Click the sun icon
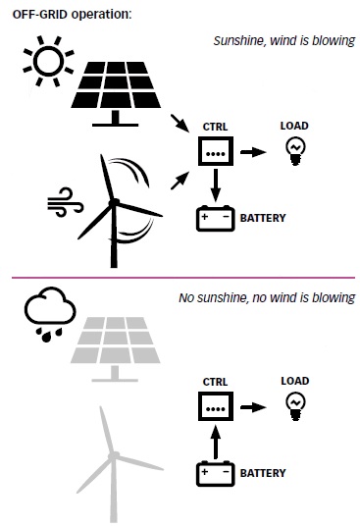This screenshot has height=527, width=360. point(48,61)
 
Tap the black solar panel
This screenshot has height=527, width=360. point(116,92)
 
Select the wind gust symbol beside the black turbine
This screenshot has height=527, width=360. point(65,202)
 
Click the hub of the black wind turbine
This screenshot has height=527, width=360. point(114,203)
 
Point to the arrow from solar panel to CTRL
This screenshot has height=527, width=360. point(180,123)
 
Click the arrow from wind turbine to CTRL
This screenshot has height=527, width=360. point(180,181)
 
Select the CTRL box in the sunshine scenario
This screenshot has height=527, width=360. point(216,151)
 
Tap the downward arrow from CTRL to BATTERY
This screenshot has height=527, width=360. point(216,184)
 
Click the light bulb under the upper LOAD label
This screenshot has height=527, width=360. point(295,152)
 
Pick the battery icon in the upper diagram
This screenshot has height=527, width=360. point(215,218)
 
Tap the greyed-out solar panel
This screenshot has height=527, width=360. point(115,348)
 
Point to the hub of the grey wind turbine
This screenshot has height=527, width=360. point(114,455)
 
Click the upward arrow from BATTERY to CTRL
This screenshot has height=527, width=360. point(216,442)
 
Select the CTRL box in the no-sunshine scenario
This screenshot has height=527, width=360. point(216,406)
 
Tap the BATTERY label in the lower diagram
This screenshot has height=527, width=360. point(263,473)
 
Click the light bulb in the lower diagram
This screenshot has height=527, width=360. point(295,407)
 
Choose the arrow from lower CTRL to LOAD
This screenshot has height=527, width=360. point(253,407)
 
